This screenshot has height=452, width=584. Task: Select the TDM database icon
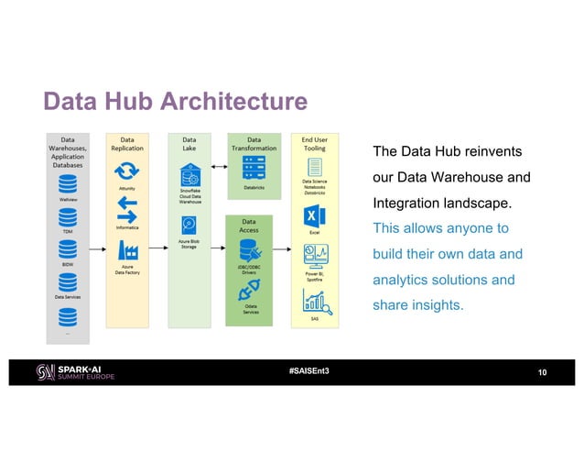pos(68,217)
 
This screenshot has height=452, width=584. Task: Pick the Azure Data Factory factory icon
pos(127,248)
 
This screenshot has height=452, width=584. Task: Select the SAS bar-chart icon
pos(314,300)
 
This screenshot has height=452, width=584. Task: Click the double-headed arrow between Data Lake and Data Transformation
pos(219,168)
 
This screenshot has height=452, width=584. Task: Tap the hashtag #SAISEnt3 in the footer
pos(308,370)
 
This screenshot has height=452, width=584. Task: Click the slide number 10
pos(542,371)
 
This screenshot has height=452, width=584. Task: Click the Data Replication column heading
pos(127,142)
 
